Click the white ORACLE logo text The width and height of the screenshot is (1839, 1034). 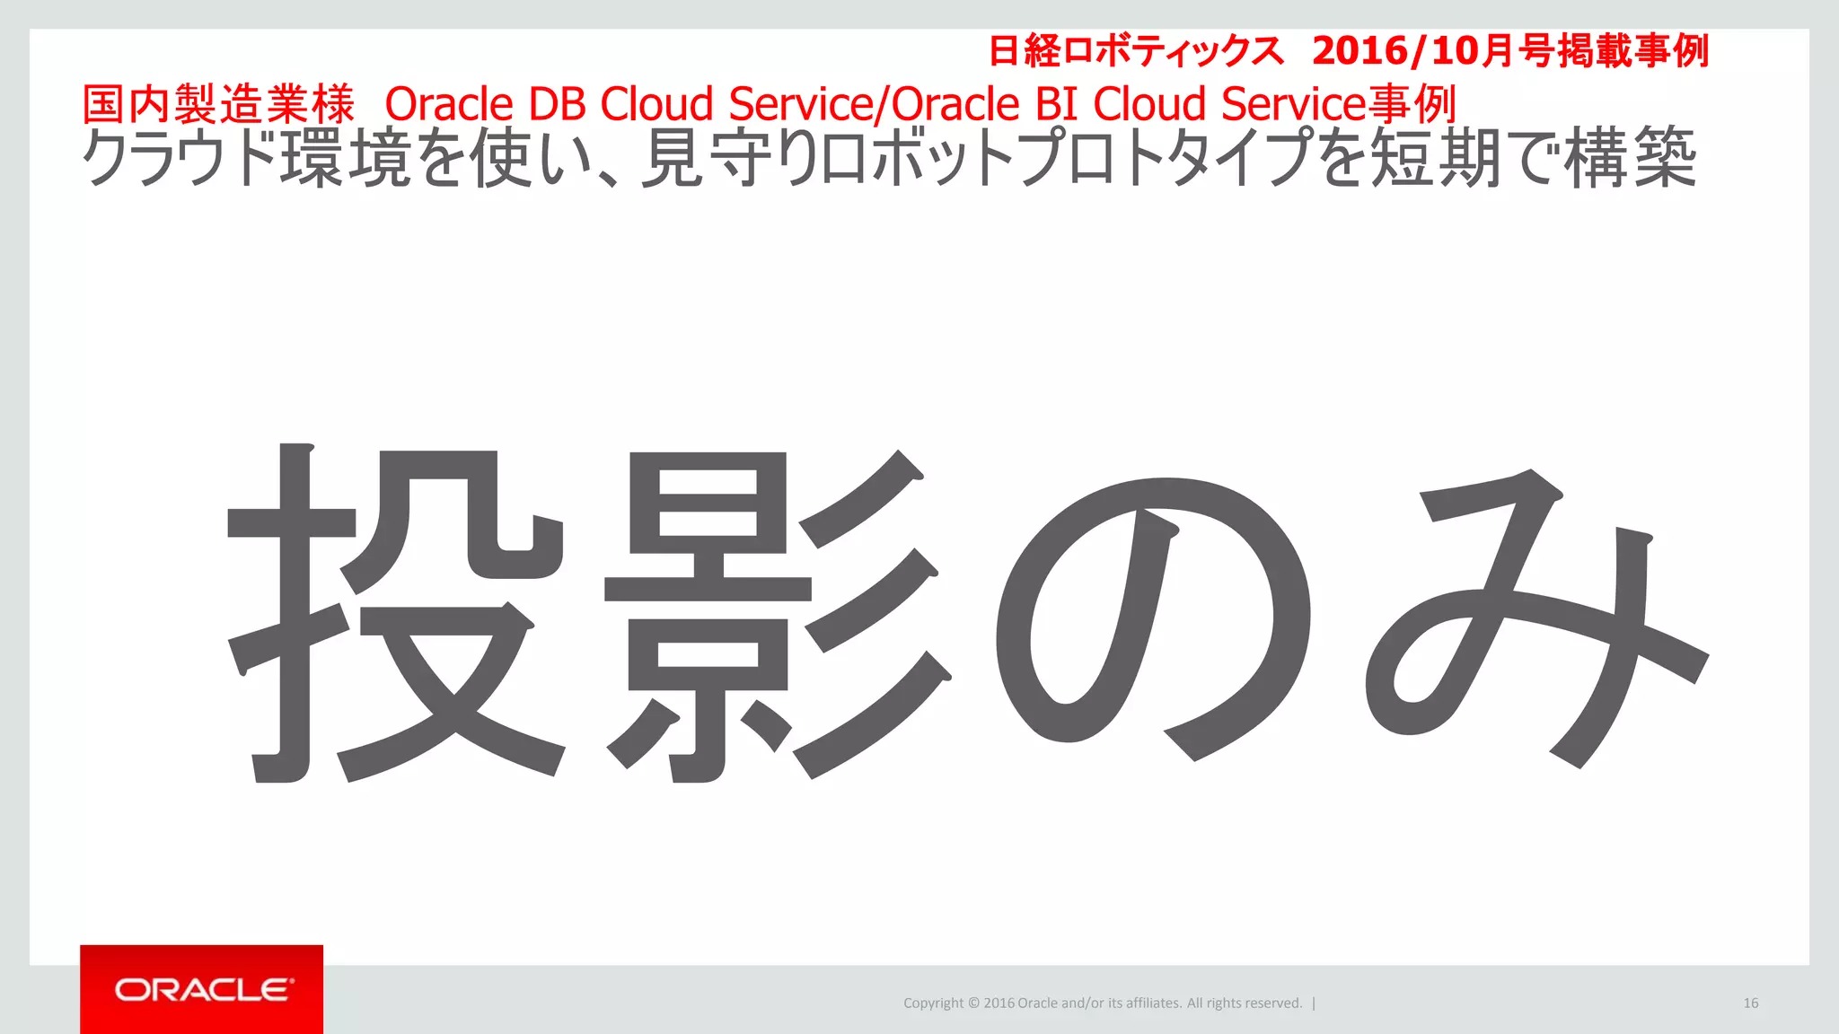pos(204,989)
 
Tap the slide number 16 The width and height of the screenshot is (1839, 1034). pos(1750,1003)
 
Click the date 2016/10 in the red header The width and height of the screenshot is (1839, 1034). pos(1395,51)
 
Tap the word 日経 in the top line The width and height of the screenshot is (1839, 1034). pos(1025,51)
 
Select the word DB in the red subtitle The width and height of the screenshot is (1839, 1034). pos(557,104)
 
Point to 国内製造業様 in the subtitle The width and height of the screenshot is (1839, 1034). pos(219,104)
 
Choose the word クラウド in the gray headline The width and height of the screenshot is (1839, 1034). pos(180,159)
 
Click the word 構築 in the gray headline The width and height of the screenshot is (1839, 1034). pos(1630,159)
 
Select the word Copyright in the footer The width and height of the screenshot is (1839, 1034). pos(933,1003)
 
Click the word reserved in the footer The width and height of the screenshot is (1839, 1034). pos(1274,1003)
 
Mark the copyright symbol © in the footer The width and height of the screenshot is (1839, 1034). pos(973,1003)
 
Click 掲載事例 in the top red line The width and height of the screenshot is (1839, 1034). pos(1633,51)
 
